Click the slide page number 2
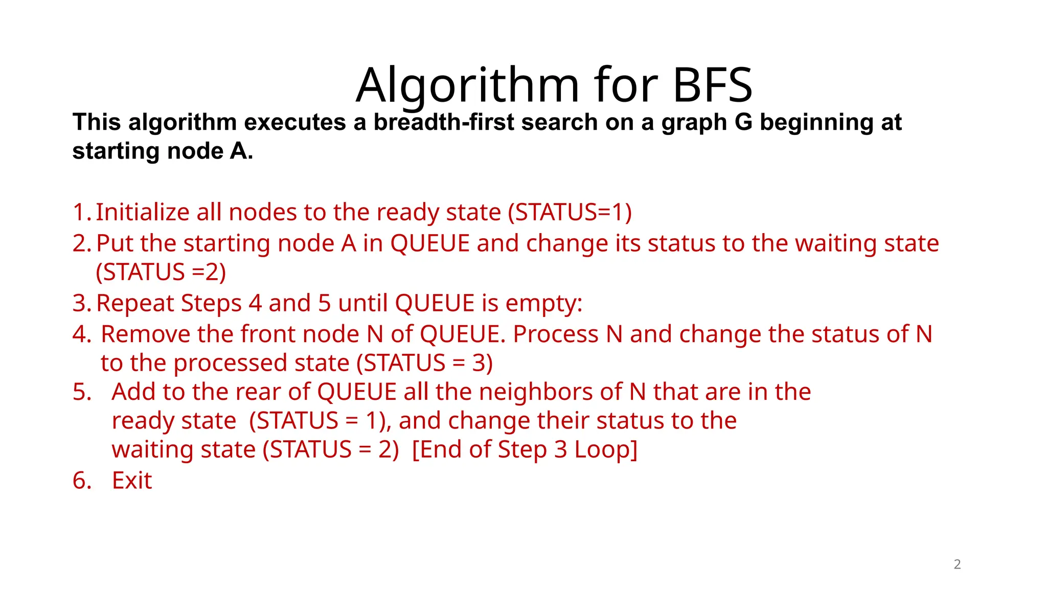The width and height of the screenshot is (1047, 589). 957,564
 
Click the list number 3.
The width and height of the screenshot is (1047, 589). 81,303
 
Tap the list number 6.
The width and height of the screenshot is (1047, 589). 81,481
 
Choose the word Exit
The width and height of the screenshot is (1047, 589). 132,481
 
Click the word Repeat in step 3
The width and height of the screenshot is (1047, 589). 135,304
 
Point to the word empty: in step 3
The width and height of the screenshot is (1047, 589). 544,304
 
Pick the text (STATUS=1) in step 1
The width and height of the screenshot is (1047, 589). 570,212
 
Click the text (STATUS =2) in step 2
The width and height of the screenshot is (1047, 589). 161,272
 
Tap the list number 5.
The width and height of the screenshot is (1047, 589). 81,392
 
